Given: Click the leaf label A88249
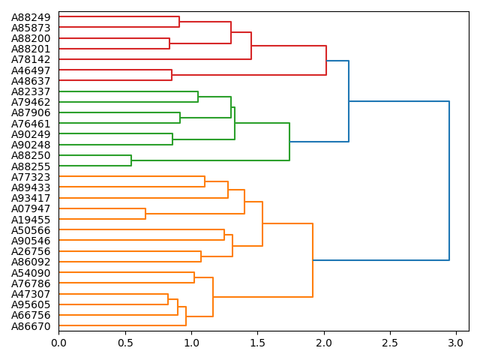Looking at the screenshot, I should tap(31, 17).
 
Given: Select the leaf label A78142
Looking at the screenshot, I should tap(31, 59).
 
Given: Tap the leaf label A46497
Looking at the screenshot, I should tap(31, 70).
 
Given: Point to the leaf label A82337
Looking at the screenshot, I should tap(31, 91).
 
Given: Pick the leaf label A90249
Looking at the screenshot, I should tap(31, 133).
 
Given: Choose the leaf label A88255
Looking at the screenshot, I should tap(31, 166).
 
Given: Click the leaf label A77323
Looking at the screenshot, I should tap(31, 176).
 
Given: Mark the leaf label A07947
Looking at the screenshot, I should tap(31, 208).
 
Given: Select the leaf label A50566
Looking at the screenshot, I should tap(31, 229).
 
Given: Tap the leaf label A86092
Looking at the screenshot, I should tap(31, 262).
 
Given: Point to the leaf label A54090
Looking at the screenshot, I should tap(31, 272).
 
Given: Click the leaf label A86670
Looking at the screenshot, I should tap(31, 325).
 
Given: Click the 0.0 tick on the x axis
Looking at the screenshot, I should tap(58, 342).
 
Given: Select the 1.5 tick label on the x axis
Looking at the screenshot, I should tap(257, 342).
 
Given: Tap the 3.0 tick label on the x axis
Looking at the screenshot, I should tap(456, 342).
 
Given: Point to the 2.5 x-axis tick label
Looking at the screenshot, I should tap(390, 342).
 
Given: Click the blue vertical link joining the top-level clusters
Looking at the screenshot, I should tap(449, 181).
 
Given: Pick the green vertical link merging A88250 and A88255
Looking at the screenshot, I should tap(131, 160).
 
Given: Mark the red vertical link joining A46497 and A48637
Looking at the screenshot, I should tap(172, 75).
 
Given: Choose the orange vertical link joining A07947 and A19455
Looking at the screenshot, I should tap(145, 214).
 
